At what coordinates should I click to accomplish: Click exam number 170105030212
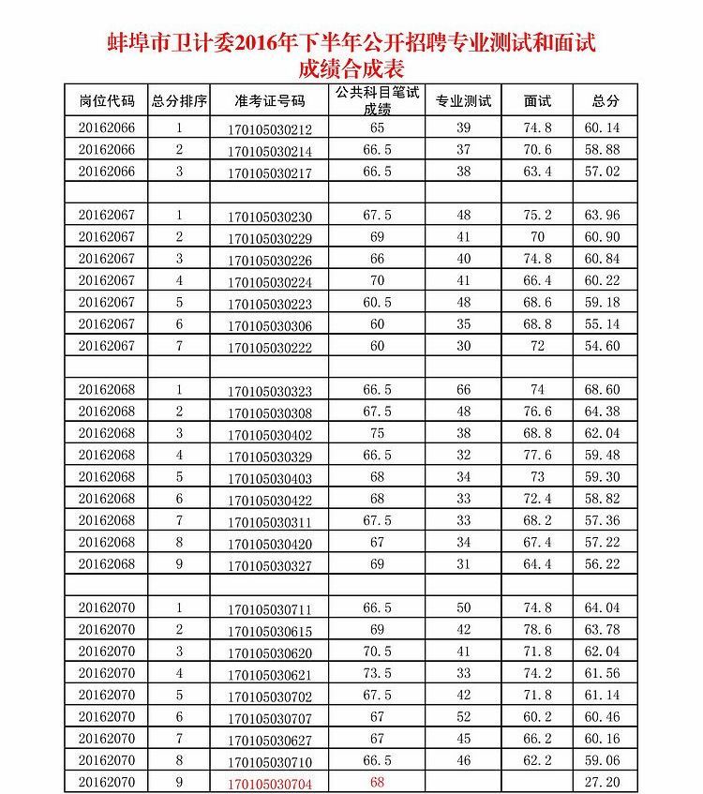tap(270, 129)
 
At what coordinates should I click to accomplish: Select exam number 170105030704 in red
tap(270, 782)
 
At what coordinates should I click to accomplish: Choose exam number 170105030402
tap(270, 434)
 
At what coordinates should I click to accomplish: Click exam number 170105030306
tap(270, 325)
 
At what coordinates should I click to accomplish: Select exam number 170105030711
tap(270, 608)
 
